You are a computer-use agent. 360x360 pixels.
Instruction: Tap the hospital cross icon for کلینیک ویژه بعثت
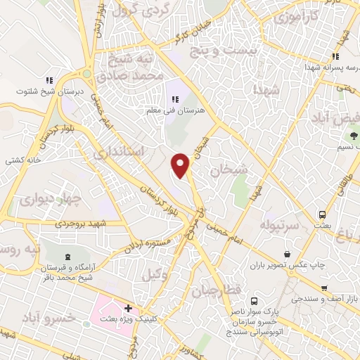click(128, 308)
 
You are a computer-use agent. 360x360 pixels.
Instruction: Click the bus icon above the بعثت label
click(322, 214)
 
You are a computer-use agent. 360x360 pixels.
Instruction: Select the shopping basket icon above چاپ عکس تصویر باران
click(287, 254)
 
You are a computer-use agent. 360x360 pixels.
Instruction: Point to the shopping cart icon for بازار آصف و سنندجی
click(324, 288)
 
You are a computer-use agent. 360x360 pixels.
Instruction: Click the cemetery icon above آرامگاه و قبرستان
click(67, 257)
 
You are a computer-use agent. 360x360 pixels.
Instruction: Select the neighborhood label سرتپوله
click(280, 226)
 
